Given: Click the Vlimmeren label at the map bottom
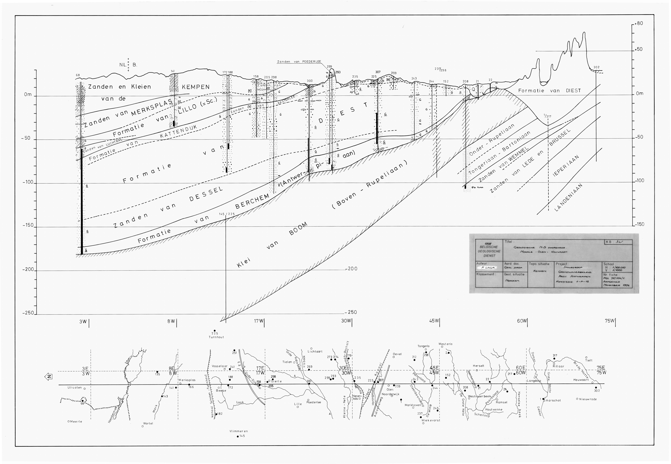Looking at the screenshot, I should tap(238, 431).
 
